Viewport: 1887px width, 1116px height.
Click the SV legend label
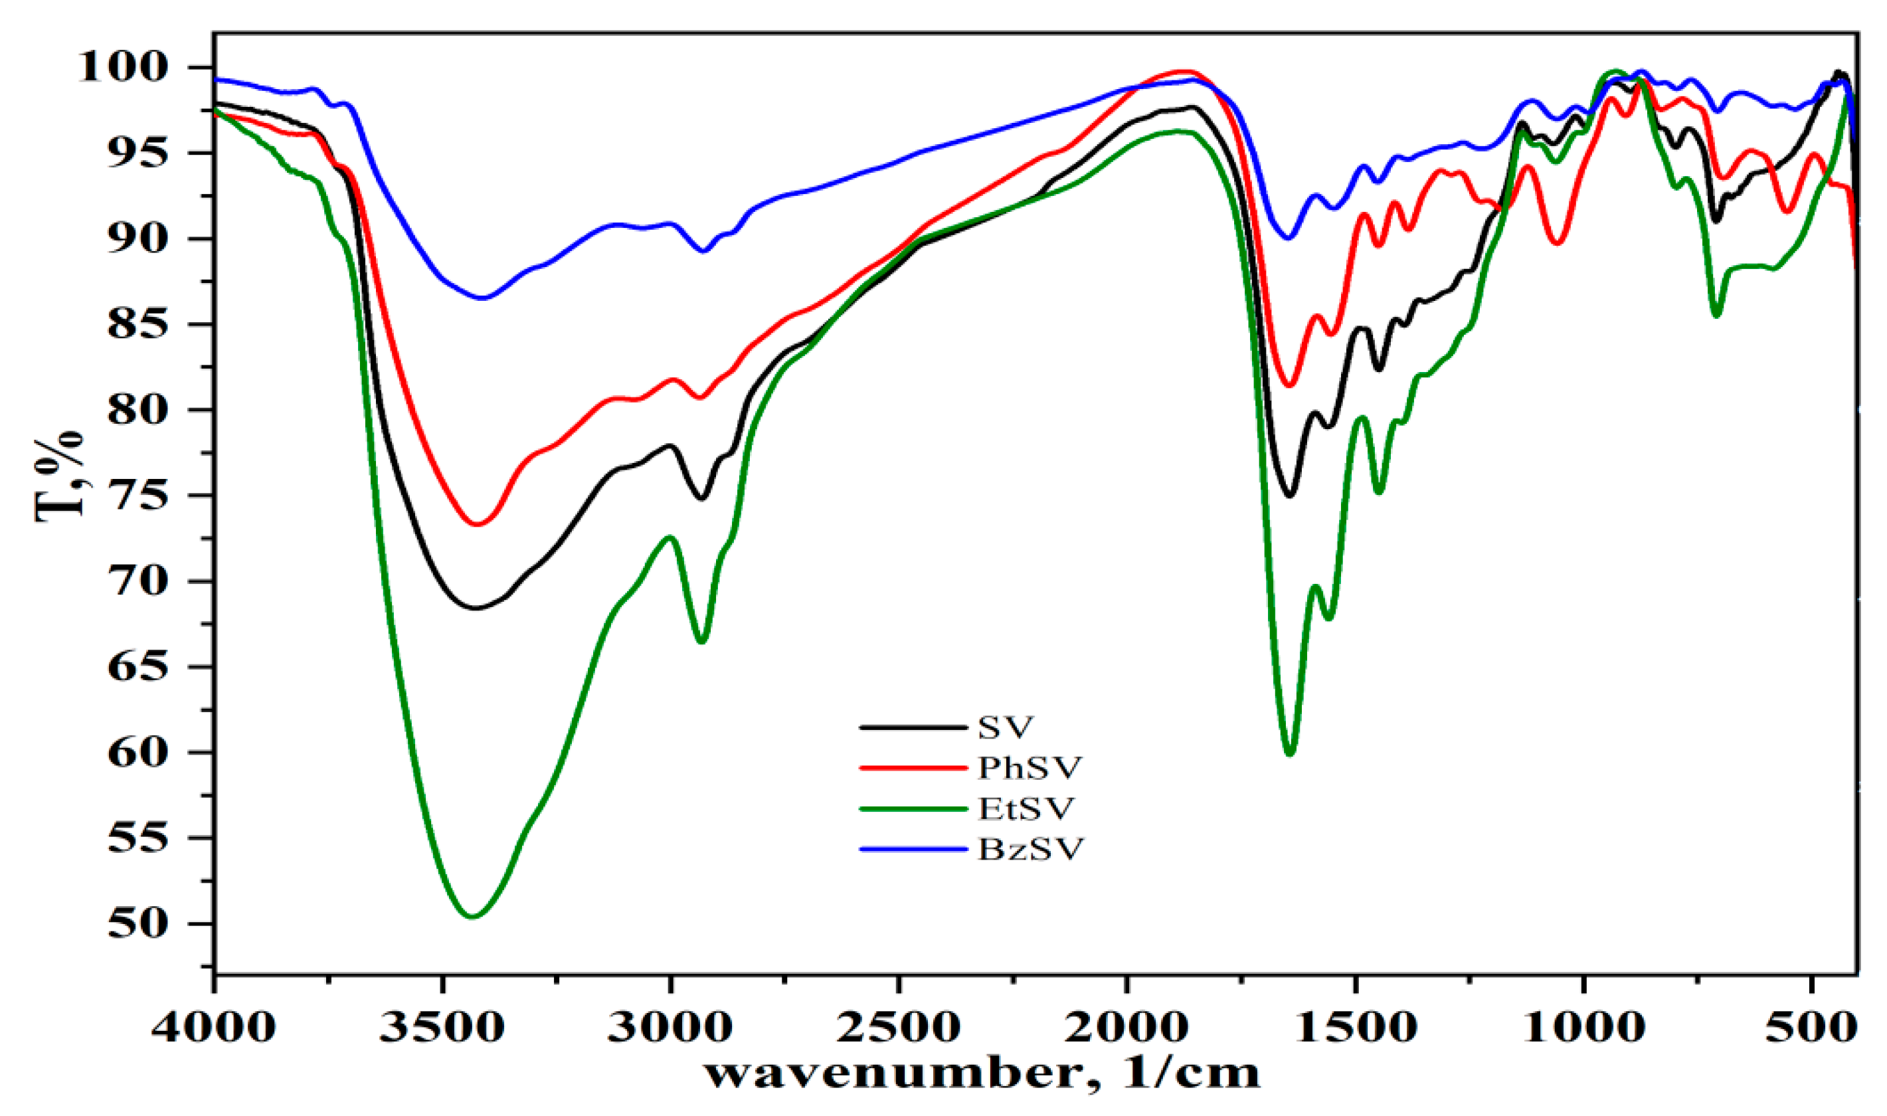point(1005,727)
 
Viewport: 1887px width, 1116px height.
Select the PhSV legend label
point(1028,768)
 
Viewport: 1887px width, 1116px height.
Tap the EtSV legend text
point(1026,808)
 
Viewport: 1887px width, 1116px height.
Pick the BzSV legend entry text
point(1030,849)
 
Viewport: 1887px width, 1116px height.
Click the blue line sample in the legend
point(913,849)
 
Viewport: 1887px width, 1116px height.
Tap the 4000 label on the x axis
point(213,1026)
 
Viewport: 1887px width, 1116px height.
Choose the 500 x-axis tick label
point(1812,1026)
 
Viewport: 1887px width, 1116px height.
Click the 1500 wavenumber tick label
point(1356,1026)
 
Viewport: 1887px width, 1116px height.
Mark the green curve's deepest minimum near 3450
point(472,916)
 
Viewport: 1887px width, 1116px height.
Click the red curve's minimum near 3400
point(476,524)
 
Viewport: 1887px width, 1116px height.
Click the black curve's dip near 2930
point(701,498)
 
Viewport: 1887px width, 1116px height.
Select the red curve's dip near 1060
point(1557,243)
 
